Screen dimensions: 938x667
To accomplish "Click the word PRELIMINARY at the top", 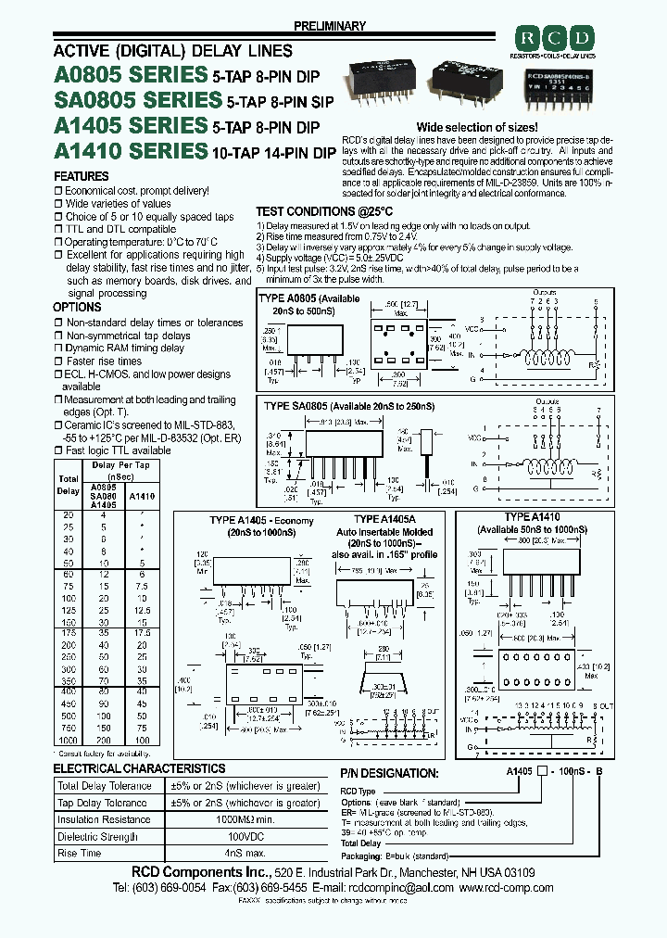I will [x=329, y=26].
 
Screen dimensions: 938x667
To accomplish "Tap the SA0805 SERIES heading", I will [x=138, y=99].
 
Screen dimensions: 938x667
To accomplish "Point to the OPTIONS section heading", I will [x=77, y=307].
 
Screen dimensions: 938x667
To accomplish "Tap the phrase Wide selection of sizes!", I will [x=477, y=126].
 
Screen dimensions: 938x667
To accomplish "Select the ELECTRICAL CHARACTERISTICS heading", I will [x=139, y=768].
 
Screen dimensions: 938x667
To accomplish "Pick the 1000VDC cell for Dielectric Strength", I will [x=245, y=836].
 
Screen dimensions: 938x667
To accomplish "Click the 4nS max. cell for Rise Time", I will [x=245, y=853].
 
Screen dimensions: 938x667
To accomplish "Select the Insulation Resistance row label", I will [x=104, y=819].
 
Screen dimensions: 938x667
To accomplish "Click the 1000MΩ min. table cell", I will [x=245, y=819].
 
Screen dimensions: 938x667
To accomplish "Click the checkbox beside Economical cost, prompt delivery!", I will [x=58, y=190].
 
